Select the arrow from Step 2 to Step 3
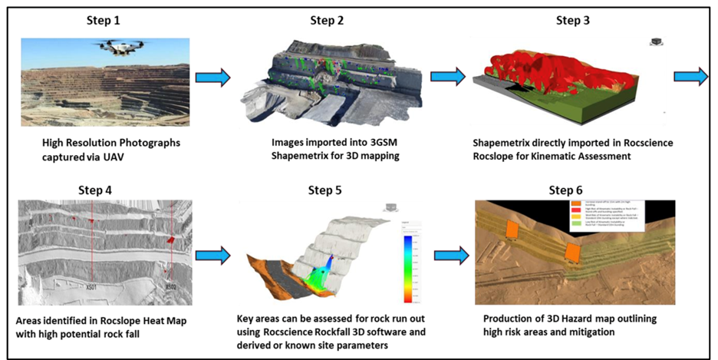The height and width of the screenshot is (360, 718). point(448,77)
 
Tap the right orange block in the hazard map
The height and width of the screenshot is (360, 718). point(571,253)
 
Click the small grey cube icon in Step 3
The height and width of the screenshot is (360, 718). point(657,41)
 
